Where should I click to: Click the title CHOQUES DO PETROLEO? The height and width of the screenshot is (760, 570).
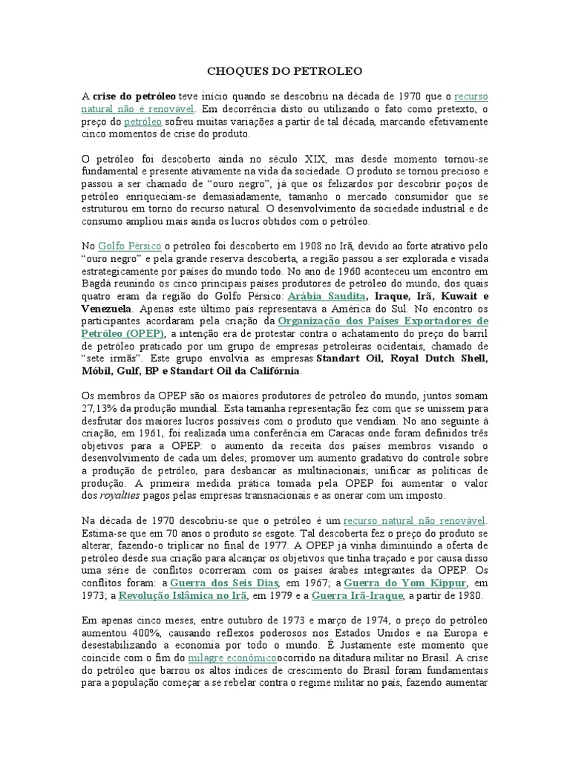pos(285,72)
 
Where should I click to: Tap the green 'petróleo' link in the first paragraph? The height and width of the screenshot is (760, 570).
pos(142,122)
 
